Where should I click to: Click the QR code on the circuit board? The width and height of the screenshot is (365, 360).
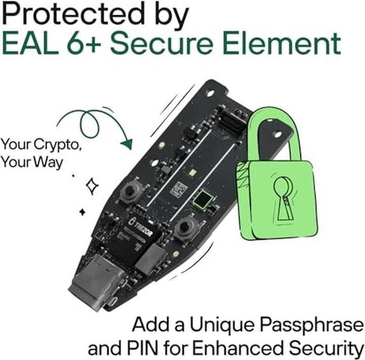(178, 190)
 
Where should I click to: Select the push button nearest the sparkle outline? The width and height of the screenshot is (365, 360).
(131, 192)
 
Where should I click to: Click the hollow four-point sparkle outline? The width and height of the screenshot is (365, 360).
(92, 186)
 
